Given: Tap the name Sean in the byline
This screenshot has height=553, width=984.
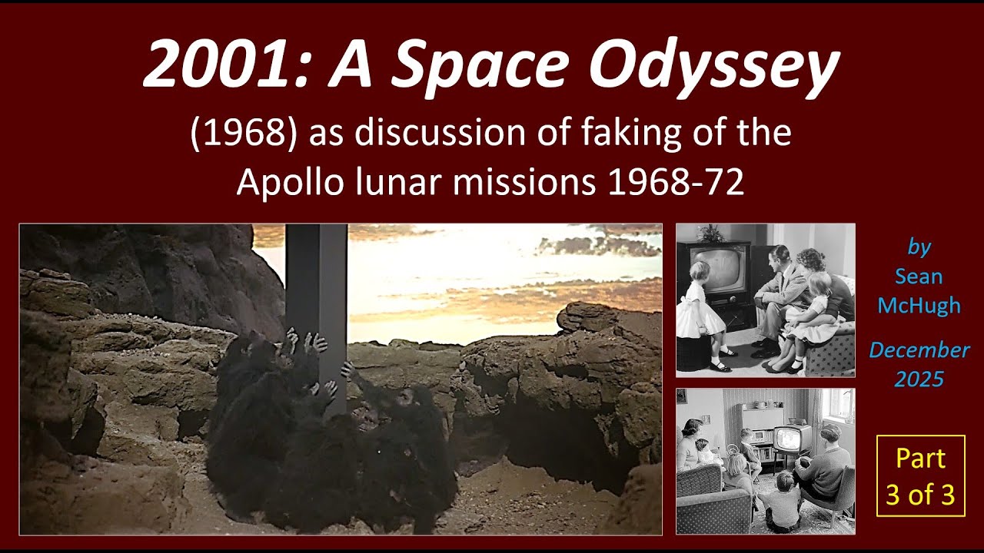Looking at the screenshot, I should click(919, 276).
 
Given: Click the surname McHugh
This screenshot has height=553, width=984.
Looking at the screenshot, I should click(919, 306).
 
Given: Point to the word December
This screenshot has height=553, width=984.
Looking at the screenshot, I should click(919, 350).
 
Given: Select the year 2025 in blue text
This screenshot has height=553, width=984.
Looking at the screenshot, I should click(919, 379).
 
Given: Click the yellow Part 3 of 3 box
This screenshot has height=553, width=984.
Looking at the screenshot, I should click(920, 475).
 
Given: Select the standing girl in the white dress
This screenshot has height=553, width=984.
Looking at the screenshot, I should click(702, 315).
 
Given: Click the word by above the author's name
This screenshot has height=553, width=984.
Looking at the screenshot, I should click(919, 247).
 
